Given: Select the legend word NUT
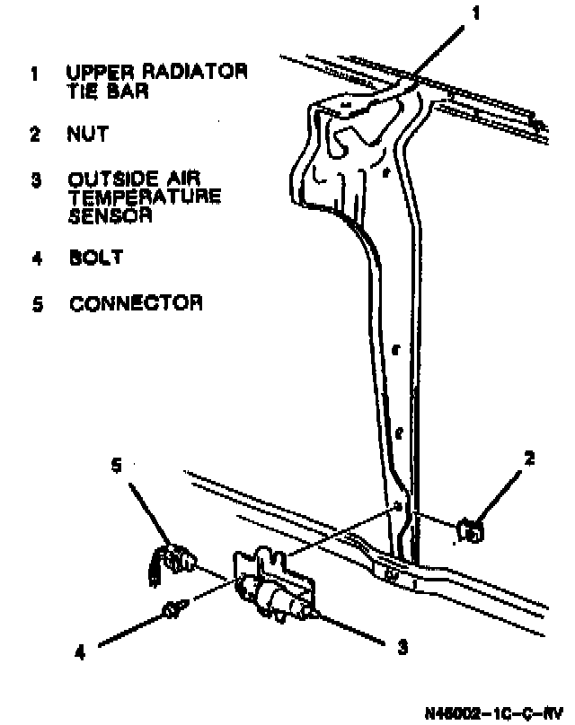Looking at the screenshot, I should point(87,135).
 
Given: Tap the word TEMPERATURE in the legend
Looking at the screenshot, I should point(144,197).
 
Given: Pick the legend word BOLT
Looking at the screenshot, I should point(94,258).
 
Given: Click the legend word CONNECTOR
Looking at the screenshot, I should point(136,303).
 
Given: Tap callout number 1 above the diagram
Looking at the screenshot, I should point(478,13).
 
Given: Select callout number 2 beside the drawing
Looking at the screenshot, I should point(530,459).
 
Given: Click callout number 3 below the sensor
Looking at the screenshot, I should point(403,644).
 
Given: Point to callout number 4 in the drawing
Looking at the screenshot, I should point(79,654).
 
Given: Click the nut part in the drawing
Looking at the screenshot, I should point(470,530).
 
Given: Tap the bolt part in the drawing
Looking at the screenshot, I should point(171,610).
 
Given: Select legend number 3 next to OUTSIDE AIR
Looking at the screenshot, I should point(35,180).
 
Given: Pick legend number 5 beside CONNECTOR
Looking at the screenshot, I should point(35,304).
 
